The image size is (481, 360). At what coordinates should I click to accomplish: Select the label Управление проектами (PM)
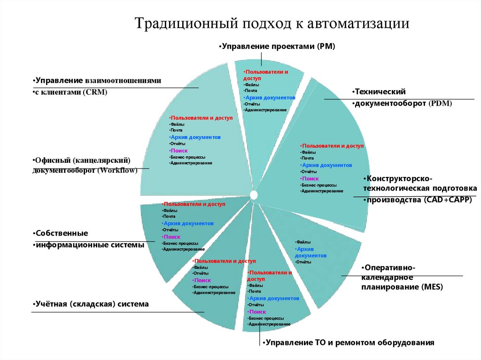pyautogui.click(x=278, y=46)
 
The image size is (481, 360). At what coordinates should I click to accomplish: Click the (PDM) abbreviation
pyautogui.click(x=440, y=103)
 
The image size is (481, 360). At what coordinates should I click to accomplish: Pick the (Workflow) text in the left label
pyautogui.click(x=117, y=170)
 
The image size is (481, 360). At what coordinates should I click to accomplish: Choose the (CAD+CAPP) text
pyautogui.click(x=443, y=199)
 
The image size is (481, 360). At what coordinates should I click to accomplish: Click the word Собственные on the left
pyautogui.click(x=62, y=233)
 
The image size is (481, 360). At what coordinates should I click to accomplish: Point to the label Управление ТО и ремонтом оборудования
pyautogui.click(x=349, y=342)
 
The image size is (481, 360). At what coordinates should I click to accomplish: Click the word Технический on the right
pyautogui.click(x=380, y=92)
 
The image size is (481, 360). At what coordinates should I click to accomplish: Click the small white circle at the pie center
pyautogui.click(x=254, y=194)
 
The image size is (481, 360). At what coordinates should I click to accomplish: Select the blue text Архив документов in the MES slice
pyautogui.click(x=310, y=252)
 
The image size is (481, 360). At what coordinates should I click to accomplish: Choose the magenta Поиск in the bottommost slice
pyautogui.click(x=258, y=311)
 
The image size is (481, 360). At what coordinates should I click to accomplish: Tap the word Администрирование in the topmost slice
pyautogui.click(x=266, y=110)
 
